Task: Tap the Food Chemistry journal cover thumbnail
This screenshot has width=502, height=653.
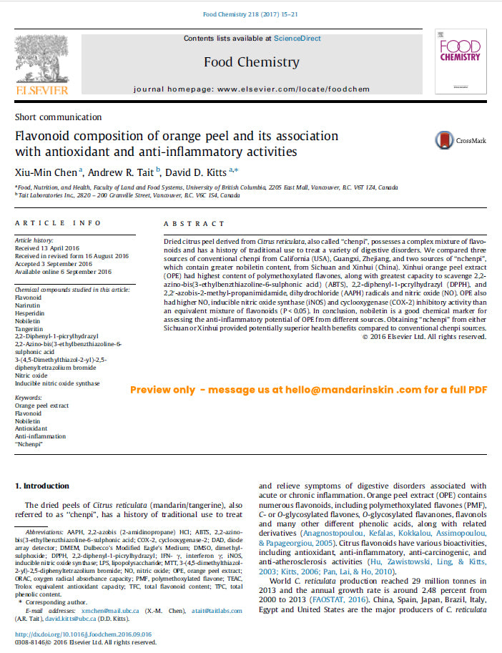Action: pyautogui.click(x=460, y=65)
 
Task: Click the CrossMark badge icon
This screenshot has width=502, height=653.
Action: pyautogui.click(x=445, y=140)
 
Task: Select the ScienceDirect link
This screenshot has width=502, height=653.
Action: pyautogui.click(x=297, y=39)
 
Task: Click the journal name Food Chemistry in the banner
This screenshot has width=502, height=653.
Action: pyautogui.click(x=251, y=62)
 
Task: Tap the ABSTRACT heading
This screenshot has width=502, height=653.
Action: pyautogui.click(x=194, y=224)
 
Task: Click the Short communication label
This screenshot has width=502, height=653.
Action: pyautogui.click(x=58, y=117)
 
